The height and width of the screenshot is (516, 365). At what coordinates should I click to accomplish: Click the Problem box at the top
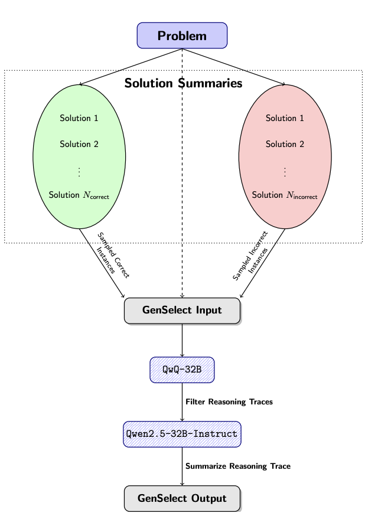click(x=182, y=35)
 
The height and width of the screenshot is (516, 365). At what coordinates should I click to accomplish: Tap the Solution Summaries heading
click(x=183, y=83)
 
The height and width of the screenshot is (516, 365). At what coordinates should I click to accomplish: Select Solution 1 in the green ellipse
click(x=79, y=118)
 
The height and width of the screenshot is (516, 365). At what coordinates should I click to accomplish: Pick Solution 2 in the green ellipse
click(x=79, y=144)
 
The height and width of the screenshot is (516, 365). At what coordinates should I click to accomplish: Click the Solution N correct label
click(x=79, y=195)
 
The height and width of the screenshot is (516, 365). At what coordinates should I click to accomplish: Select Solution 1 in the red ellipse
click(x=285, y=118)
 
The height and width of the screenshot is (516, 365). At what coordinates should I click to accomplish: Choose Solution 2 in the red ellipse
click(x=285, y=144)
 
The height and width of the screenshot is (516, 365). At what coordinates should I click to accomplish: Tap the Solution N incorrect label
click(x=285, y=195)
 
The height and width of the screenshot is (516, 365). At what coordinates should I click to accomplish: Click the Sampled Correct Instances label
click(x=113, y=256)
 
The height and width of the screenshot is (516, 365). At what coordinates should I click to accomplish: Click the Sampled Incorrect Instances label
click(x=251, y=256)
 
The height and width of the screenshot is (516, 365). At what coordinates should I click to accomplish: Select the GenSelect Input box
click(x=182, y=311)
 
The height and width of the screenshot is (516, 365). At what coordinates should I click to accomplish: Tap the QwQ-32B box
click(x=182, y=370)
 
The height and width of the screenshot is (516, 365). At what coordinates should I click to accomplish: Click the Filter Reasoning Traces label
click(x=229, y=402)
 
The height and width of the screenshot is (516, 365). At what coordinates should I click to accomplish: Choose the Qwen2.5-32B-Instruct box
click(x=182, y=434)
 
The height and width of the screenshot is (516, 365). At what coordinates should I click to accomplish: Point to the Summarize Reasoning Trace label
click(x=238, y=466)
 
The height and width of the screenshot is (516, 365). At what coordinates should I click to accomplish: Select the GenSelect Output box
click(x=182, y=498)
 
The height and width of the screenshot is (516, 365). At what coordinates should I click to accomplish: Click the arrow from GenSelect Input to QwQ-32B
click(x=182, y=340)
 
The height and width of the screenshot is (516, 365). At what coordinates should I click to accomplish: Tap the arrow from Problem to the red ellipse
click(x=234, y=67)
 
